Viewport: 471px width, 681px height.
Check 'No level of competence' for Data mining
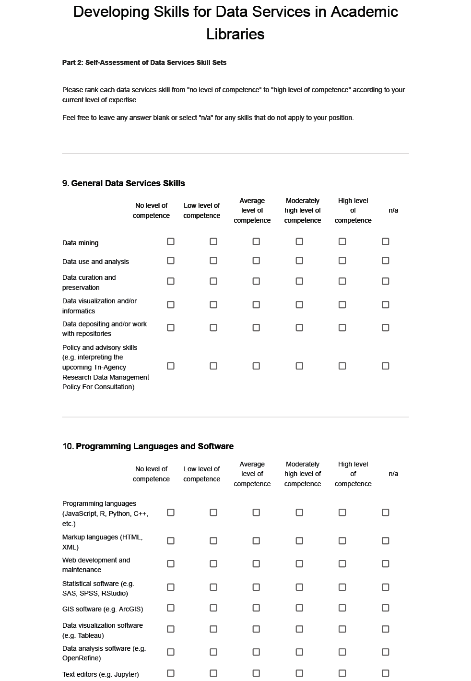coord(170,241)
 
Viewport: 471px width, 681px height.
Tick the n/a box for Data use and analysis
coord(385,261)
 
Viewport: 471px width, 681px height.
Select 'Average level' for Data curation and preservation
coord(256,281)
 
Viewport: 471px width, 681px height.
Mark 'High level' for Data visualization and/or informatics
coord(342,305)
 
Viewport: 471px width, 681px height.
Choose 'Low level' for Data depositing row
coord(213,328)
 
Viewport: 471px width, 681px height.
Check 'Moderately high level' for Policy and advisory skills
coord(299,366)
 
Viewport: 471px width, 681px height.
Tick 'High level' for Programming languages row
coord(342,513)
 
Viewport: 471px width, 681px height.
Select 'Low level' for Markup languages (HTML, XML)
coord(213,541)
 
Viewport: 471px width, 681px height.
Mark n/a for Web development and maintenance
coord(385,564)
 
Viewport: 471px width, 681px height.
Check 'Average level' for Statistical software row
coord(256,587)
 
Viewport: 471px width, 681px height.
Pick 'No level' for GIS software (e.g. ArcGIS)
coord(170,608)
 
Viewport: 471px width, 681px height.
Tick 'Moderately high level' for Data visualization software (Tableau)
coord(299,629)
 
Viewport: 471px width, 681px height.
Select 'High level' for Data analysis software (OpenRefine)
coord(342,652)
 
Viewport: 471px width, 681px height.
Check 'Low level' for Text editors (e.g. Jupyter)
coord(213,673)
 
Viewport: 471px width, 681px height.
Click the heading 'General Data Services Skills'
coord(128,183)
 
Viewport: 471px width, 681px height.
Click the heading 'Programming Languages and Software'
coord(154,446)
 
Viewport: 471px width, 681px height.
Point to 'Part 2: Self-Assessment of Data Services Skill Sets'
coord(144,62)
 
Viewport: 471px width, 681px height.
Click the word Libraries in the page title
coord(235,34)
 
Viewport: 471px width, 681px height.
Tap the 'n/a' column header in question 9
coord(393,210)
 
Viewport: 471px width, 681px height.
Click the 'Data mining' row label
coord(80,243)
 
